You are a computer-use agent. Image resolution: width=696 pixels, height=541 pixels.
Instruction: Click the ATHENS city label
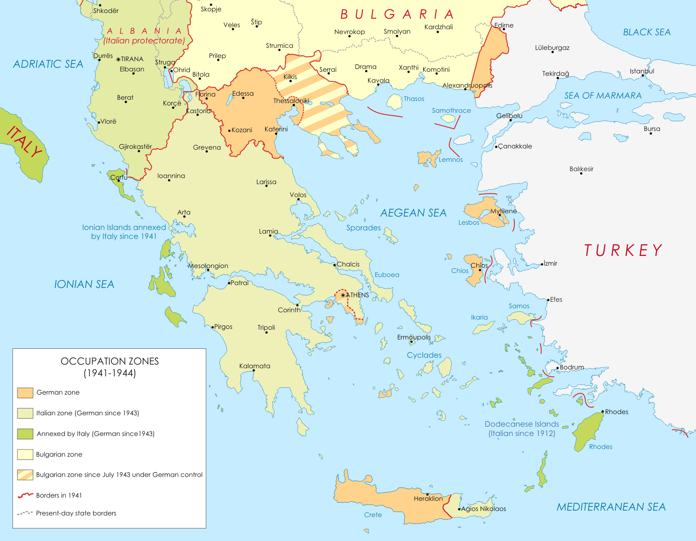tap(357, 295)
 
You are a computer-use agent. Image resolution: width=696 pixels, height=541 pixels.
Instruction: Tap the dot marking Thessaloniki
tap(294, 105)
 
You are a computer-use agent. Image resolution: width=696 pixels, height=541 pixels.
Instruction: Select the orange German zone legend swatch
tap(25, 393)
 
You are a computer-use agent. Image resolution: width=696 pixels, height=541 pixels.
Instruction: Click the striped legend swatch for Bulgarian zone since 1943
tap(25, 475)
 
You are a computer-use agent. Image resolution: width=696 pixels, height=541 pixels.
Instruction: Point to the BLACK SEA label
tap(647, 32)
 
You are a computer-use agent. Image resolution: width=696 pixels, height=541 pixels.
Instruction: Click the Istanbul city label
tap(642, 71)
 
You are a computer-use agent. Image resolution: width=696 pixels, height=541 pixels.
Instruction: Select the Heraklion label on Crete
tap(428, 498)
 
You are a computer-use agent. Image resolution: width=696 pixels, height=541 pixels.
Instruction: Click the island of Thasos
tap(394, 102)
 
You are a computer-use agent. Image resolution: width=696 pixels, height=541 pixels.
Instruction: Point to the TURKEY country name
tap(623, 250)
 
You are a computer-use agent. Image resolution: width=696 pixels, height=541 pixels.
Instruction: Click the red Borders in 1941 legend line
tap(25, 495)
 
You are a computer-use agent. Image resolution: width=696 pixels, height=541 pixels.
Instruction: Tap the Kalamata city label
tap(255, 366)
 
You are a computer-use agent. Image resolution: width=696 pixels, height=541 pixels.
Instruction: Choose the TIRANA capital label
tap(132, 59)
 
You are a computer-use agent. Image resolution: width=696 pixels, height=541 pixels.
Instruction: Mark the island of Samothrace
tap(448, 118)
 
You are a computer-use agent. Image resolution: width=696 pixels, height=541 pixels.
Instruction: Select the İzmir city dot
tap(542, 264)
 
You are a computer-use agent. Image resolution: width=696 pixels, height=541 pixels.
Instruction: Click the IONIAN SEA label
tap(84, 284)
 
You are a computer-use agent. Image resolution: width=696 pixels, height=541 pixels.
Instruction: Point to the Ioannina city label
tap(171, 176)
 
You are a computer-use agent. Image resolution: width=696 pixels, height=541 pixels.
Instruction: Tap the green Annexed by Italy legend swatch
tap(25, 434)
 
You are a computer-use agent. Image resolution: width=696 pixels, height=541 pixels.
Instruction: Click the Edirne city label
tap(504, 25)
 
